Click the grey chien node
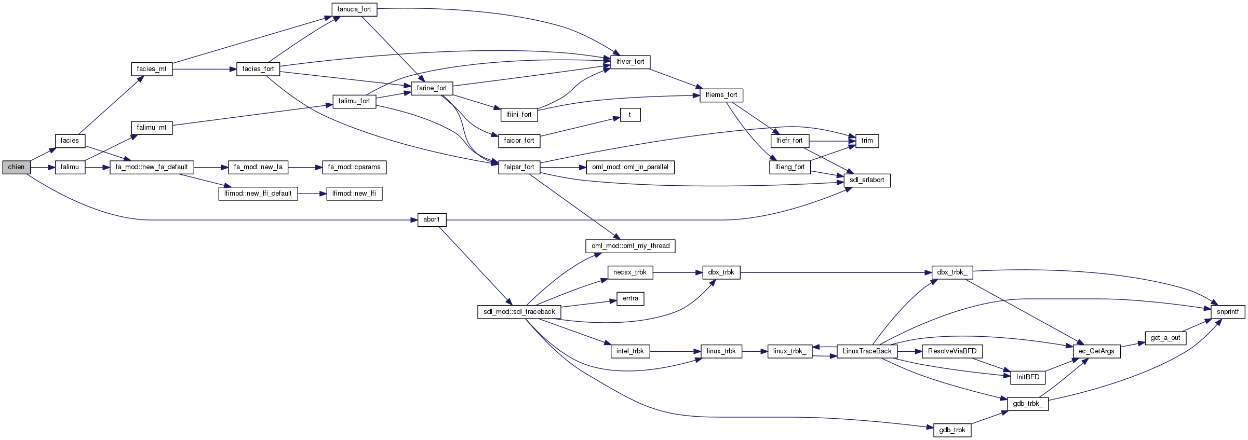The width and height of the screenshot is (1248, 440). coord(16,167)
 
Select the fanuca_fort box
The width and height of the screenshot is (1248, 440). coord(354,9)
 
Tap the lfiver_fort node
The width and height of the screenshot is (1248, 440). coord(630,62)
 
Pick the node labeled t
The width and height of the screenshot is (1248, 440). coord(630,115)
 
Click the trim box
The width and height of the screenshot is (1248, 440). coord(867,141)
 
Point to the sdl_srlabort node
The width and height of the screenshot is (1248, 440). coord(867,180)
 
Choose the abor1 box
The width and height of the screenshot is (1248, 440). coord(432,219)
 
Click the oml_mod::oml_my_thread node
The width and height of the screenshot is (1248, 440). coord(630,246)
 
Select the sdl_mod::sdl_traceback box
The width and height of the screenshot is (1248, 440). coord(519,312)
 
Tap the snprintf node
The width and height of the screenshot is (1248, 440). coord(1228,312)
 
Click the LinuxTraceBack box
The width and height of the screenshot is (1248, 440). coord(867,351)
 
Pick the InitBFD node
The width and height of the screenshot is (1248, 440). coord(1028,377)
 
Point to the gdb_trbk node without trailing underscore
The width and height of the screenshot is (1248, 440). coord(952,430)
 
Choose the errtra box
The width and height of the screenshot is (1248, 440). coord(630,298)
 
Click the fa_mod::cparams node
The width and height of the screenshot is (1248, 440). coord(354,167)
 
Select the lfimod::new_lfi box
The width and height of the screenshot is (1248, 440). coord(354,194)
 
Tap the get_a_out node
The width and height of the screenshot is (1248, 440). coord(1165,338)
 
